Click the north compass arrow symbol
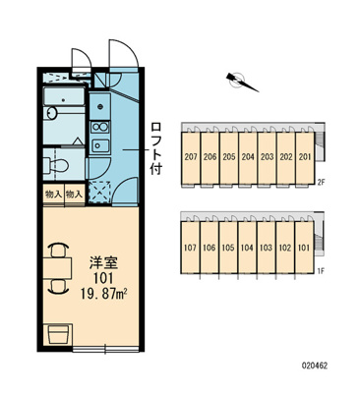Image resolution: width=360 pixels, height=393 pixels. pyautogui.click(x=241, y=82)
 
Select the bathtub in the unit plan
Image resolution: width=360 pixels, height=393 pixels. pyautogui.click(x=65, y=103)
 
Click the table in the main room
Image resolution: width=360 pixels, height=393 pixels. pyautogui.click(x=57, y=262)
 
